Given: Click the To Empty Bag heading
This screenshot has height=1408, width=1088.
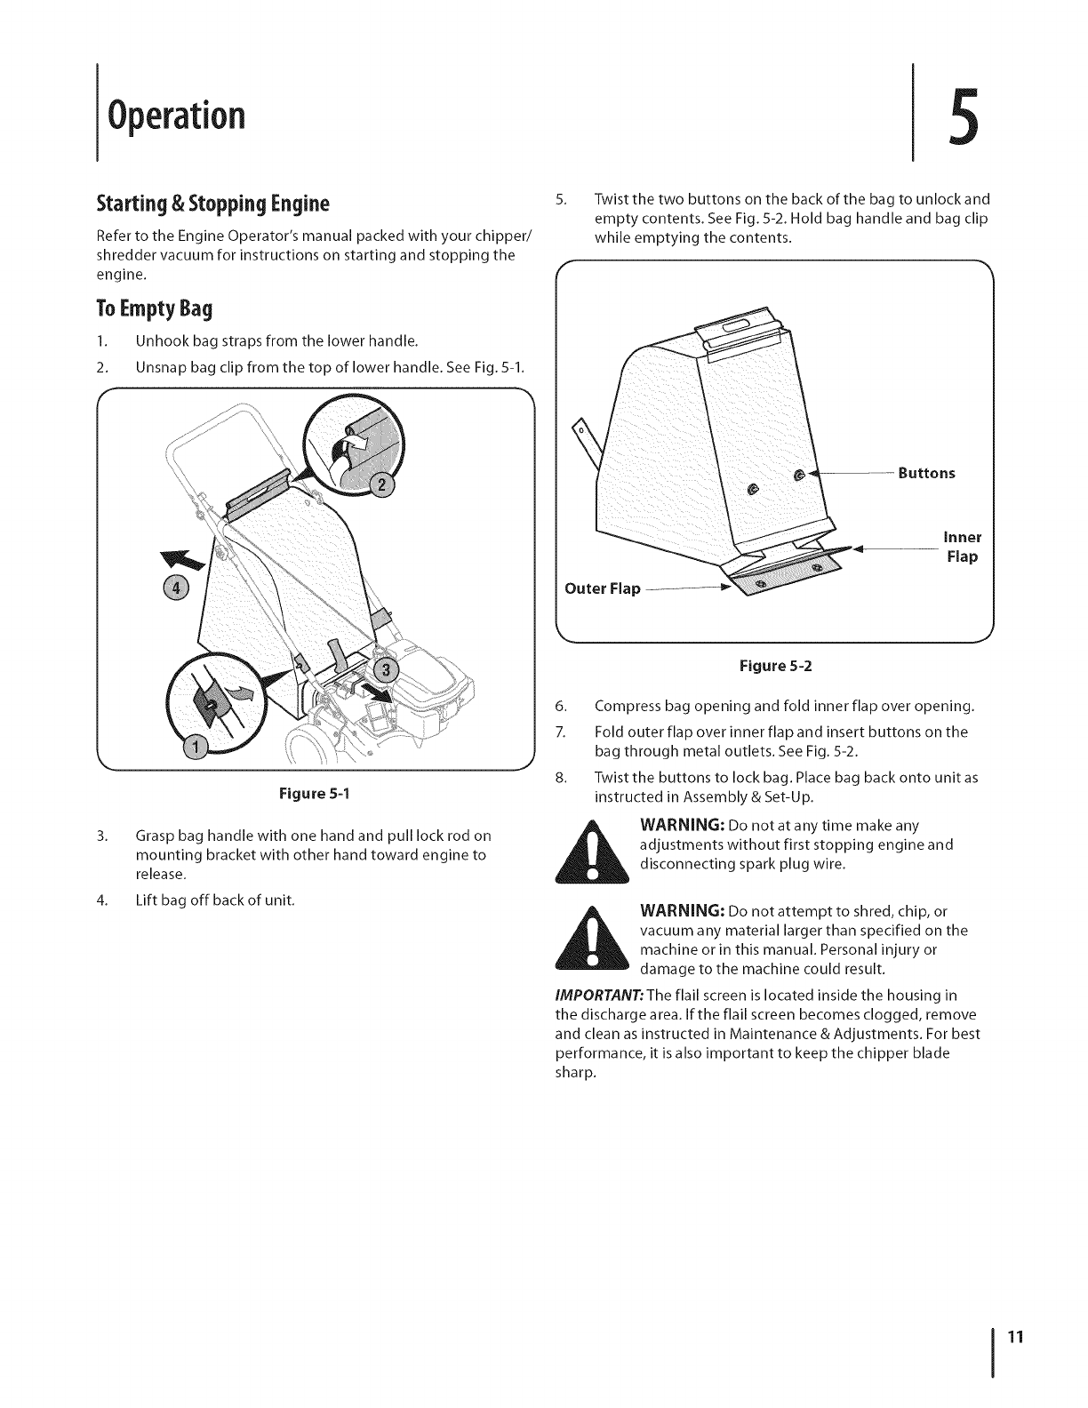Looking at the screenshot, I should point(156,309).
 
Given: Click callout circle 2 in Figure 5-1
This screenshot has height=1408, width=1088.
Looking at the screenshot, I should point(382,485).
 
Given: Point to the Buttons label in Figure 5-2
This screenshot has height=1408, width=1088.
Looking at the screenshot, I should point(926,473).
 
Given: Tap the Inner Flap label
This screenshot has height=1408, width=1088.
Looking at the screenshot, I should point(961,547).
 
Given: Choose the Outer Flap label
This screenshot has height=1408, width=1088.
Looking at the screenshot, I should point(603,588).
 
